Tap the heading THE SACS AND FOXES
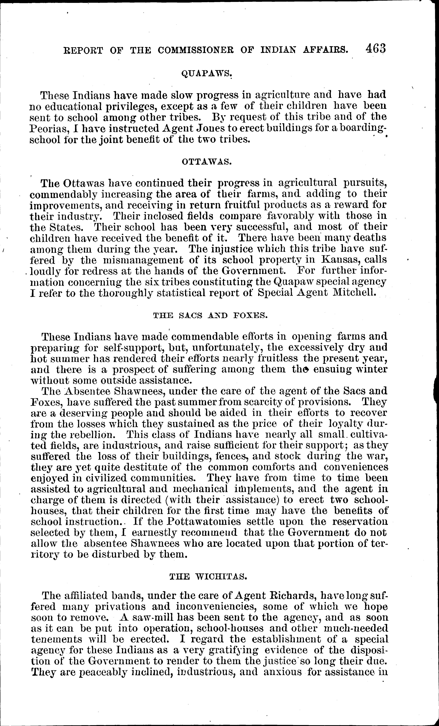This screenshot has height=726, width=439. point(210,315)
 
